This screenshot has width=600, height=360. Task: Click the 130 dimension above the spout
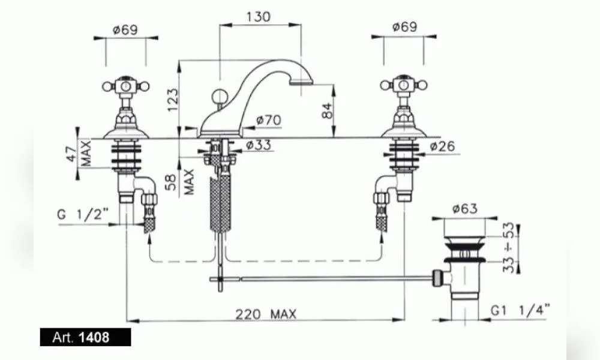[x=258, y=17]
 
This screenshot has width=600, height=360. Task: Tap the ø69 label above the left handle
[x=125, y=30]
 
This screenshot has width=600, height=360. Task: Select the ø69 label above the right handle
[x=404, y=27]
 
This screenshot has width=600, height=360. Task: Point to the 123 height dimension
[x=173, y=100]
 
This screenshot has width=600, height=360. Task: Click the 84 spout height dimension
[x=328, y=111]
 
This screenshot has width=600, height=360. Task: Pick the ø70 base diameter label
[x=269, y=120]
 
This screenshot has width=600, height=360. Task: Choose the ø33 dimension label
[x=258, y=145]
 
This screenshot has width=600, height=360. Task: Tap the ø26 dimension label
[x=442, y=146]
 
